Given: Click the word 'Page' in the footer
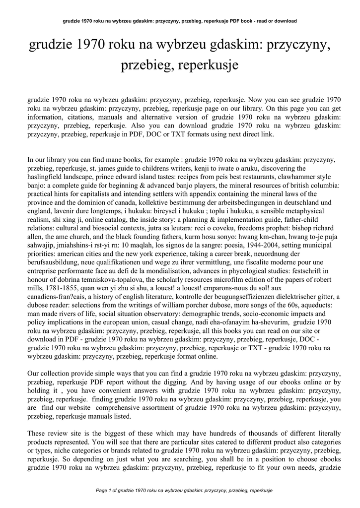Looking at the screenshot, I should point(102,490).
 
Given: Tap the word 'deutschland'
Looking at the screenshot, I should point(282,202).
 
